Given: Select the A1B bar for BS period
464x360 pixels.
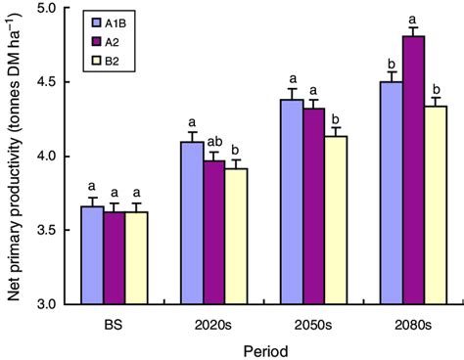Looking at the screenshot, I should click(x=92, y=255).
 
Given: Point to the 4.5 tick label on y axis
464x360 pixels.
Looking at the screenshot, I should click(x=54, y=83).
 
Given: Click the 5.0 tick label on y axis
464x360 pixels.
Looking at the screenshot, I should click(x=54, y=10).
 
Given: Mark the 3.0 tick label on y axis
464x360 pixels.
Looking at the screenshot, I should click(x=54, y=304).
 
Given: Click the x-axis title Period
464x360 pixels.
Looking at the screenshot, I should click(x=263, y=347).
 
